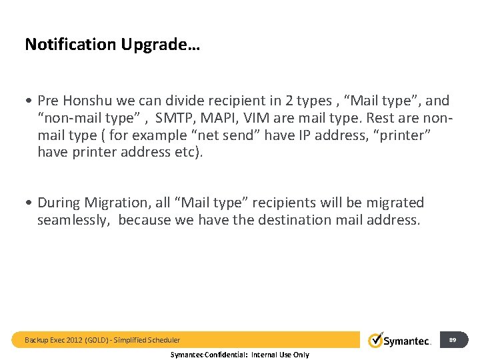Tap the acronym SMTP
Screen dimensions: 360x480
[x=173, y=118]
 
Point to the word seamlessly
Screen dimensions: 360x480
[x=73, y=220]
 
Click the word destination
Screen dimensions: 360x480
[x=283, y=220]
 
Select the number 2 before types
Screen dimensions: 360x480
[x=287, y=101]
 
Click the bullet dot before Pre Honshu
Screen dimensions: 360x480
[x=29, y=101]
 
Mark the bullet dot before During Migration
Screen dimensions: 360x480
[x=29, y=203]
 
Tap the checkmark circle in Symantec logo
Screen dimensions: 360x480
[x=376, y=340]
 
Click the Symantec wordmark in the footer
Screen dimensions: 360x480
[x=408, y=341]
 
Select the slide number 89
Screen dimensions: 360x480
[x=453, y=340]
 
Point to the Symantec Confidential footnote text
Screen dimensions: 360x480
[x=240, y=355]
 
